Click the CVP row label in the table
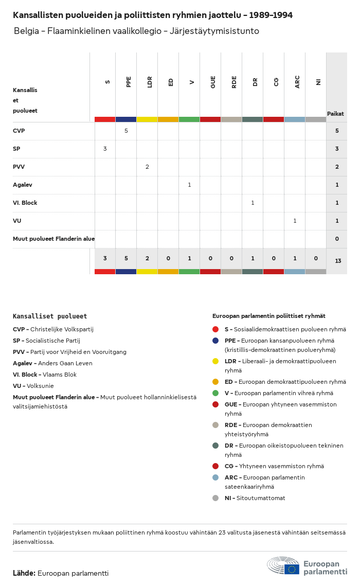tap(19, 131)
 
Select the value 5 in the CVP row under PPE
tap(126, 131)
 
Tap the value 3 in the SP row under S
tap(105, 149)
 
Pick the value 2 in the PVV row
tap(147, 167)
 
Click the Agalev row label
tap(23, 185)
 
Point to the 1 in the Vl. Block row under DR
tap(253, 203)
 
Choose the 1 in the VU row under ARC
tap(295, 221)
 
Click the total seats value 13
tap(338, 261)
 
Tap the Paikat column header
tap(335, 114)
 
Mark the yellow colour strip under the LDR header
tap(147, 119)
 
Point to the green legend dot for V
tap(215, 393)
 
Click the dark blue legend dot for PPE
tap(215, 341)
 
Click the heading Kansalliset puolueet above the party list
tap(50, 316)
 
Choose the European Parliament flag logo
tap(292, 569)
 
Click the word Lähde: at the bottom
tap(24, 573)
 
